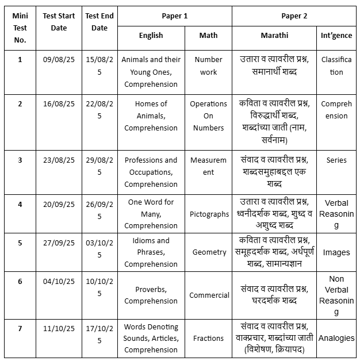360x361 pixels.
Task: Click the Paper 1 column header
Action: pyautogui.click(x=174, y=16)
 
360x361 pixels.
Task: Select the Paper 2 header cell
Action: pyautogui.click(x=294, y=16)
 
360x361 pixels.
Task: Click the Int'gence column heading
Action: pyautogui.click(x=336, y=35)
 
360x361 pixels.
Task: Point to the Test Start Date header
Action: pyautogui.click(x=59, y=22)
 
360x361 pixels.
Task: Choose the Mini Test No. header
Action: pyautogui.click(x=20, y=28)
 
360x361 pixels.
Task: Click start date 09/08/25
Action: pyautogui.click(x=59, y=59)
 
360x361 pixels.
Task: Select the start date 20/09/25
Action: pyautogui.click(x=59, y=203)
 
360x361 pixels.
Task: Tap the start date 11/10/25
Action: pyautogui.click(x=59, y=328)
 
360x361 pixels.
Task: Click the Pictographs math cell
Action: pyautogui.click(x=209, y=214)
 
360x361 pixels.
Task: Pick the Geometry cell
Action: pyautogui.click(x=209, y=252)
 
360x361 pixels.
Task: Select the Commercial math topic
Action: pyautogui.click(x=209, y=295)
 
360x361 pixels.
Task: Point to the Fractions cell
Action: pyautogui.click(x=209, y=338)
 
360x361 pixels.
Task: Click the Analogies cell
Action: pyautogui.click(x=336, y=338)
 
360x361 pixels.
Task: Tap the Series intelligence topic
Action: pyautogui.click(x=336, y=160)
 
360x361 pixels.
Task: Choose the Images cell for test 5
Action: pyautogui.click(x=336, y=252)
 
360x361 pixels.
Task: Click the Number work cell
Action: pyautogui.click(x=209, y=66)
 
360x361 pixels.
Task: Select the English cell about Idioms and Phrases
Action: pyautogui.click(x=151, y=252)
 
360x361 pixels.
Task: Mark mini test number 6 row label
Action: pyautogui.click(x=20, y=281)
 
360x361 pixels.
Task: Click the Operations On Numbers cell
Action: pyautogui.click(x=209, y=116)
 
